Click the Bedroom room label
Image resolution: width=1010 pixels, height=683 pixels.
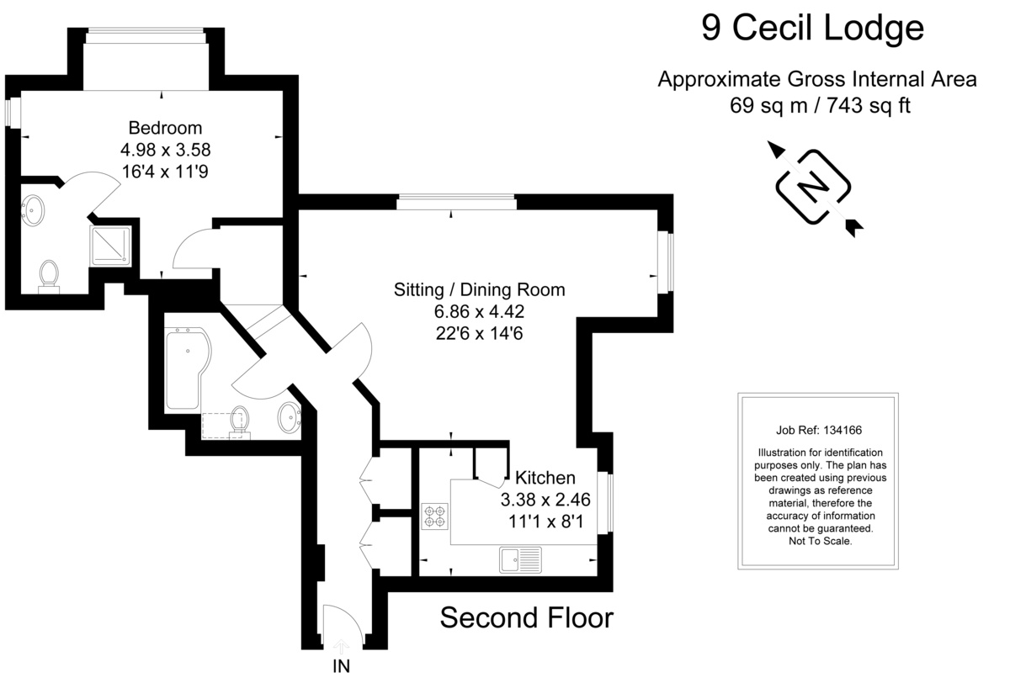pyautogui.click(x=165, y=129)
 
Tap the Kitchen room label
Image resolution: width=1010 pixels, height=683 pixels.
pyautogui.click(x=545, y=478)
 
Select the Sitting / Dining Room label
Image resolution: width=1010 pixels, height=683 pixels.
pyautogui.click(x=480, y=290)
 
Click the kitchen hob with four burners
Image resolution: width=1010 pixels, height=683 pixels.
pyautogui.click(x=435, y=516)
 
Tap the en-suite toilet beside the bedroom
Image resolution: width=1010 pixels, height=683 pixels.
pyautogui.click(x=49, y=275)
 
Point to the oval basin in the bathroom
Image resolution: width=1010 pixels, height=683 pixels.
pyautogui.click(x=289, y=416)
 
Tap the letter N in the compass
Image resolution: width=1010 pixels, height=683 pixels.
pyautogui.click(x=813, y=187)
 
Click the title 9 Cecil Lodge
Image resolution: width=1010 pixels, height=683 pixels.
pyautogui.click(x=812, y=29)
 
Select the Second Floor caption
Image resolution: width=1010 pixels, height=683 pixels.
pyautogui.click(x=527, y=618)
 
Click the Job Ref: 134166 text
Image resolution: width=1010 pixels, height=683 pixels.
pyautogui.click(x=813, y=428)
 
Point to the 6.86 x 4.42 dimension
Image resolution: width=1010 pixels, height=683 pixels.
pyautogui.click(x=480, y=311)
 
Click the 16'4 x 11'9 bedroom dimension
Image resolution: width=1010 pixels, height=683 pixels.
pyautogui.click(x=165, y=170)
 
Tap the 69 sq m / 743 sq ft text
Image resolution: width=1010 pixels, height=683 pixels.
pyautogui.click(x=817, y=106)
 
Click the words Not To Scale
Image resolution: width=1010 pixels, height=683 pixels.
pyautogui.click(x=813, y=542)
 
